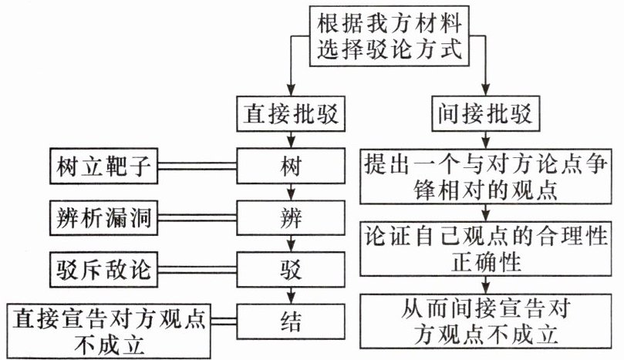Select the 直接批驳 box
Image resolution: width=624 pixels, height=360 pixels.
[289, 116]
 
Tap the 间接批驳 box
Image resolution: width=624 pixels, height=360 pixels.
[486, 116]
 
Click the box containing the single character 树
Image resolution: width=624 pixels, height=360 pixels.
[289, 166]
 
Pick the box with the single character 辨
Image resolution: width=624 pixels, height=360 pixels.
[289, 217]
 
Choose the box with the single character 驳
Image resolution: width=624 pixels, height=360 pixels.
[289, 270]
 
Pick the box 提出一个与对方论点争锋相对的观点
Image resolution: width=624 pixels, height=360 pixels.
[486, 177]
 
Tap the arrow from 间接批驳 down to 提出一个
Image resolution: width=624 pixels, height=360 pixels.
[486, 142]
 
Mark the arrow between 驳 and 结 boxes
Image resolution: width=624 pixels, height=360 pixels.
[289, 296]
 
